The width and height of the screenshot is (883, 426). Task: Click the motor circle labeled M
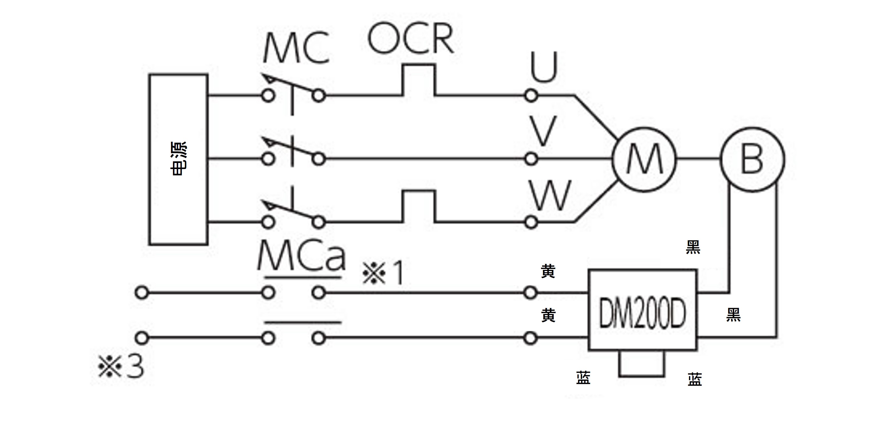coord(644,160)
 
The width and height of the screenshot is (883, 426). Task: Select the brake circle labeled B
coord(752,160)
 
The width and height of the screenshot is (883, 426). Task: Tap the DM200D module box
coord(642,310)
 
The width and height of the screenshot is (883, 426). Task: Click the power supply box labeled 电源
coord(178,159)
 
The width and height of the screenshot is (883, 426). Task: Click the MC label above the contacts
coord(296,48)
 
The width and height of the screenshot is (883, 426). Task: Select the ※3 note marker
coord(121,367)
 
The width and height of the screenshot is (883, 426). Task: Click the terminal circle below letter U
coord(531,96)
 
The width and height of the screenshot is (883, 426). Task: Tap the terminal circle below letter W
coord(531,223)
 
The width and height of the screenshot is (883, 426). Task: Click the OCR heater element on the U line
coord(418,80)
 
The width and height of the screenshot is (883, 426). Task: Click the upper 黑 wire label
coord(693,247)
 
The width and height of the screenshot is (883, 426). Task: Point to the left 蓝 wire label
coord(583,378)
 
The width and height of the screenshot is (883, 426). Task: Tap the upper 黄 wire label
coord(548,271)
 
